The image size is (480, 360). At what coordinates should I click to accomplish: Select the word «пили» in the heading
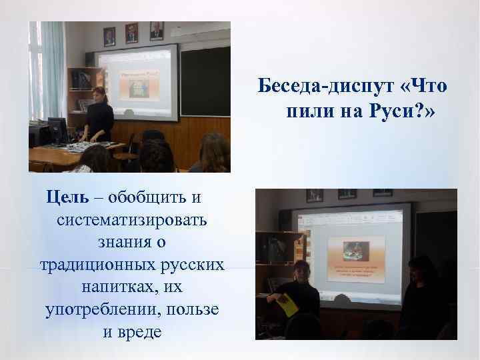coord(308,113)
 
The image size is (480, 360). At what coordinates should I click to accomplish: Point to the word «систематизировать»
coord(132,220)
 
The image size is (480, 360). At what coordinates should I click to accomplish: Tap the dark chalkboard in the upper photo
coord(205,79)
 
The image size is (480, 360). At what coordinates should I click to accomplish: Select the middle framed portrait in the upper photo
coord(131,32)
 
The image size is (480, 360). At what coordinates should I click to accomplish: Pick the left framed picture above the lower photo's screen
coord(314,195)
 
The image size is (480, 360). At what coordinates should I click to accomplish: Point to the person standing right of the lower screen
coord(420,293)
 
